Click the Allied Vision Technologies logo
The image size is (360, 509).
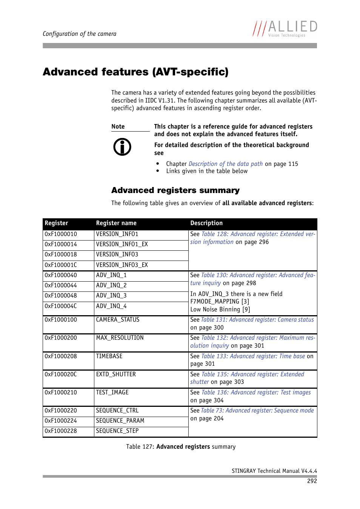click(285, 29)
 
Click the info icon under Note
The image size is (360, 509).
click(122, 147)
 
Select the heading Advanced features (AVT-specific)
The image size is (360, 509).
click(135, 72)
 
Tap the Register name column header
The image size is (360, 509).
click(116, 223)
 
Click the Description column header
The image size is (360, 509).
click(206, 223)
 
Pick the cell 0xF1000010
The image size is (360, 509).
click(61, 234)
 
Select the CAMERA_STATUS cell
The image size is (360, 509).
click(118, 320)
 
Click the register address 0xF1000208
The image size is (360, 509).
click(61, 356)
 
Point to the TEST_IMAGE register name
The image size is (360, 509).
click(112, 392)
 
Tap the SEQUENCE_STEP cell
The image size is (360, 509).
click(117, 431)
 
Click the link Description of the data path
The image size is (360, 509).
click(226, 164)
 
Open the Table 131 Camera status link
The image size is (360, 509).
click(257, 320)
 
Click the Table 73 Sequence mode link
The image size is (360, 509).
click(257, 411)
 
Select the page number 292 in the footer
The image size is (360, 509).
click(312, 481)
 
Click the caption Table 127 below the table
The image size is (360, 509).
click(181, 447)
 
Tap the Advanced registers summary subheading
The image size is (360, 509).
click(175, 190)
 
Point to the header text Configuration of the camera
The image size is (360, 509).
click(80, 34)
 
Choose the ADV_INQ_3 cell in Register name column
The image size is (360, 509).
click(111, 296)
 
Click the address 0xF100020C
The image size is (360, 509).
click(61, 374)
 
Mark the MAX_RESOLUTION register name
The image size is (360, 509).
click(120, 338)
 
